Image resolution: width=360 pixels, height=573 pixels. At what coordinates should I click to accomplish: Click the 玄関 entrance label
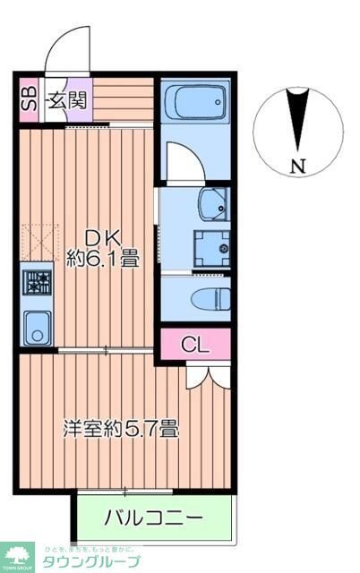[x=67, y=98]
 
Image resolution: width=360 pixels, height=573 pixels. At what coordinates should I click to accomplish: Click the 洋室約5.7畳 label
[x=120, y=429]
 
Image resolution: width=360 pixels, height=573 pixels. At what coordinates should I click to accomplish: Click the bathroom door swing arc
[x=184, y=161]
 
